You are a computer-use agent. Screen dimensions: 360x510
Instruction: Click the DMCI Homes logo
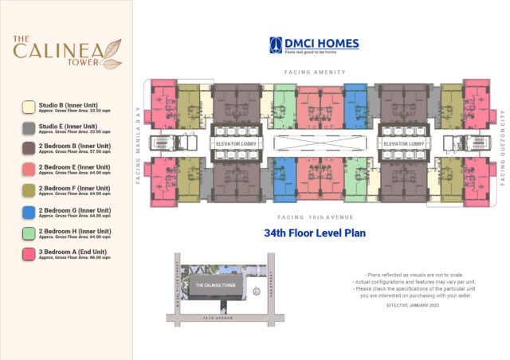(313, 45)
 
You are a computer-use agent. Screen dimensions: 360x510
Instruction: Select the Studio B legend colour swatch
(29, 106)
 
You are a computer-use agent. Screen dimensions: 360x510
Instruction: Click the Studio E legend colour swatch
(29, 127)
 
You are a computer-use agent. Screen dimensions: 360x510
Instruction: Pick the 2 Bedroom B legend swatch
(29, 148)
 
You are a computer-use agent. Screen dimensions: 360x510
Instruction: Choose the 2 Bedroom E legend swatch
(29, 170)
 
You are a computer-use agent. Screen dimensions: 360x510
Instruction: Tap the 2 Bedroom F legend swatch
(29, 191)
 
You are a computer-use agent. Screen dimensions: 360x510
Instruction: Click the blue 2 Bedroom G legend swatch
(29, 213)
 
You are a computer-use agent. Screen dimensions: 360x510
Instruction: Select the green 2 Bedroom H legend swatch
(29, 233)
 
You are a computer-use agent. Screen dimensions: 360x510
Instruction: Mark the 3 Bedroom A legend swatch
(29, 255)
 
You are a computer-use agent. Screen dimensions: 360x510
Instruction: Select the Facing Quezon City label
(503, 145)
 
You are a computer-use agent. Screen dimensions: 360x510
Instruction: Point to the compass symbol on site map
(256, 292)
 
